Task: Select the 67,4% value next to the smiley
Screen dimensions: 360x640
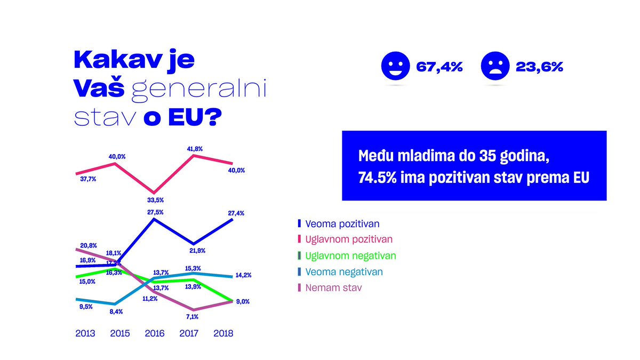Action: [439, 67]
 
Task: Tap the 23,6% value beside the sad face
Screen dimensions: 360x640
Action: [539, 67]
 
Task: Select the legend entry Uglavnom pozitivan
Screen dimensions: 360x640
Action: [346, 239]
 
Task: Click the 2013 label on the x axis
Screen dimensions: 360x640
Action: [85, 333]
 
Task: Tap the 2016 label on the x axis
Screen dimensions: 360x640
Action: [155, 333]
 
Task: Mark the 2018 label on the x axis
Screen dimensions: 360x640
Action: [223, 333]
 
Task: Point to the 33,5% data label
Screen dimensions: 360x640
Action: [155, 200]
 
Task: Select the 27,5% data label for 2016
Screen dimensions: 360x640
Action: [155, 212]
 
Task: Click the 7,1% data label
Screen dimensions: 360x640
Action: [192, 317]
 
